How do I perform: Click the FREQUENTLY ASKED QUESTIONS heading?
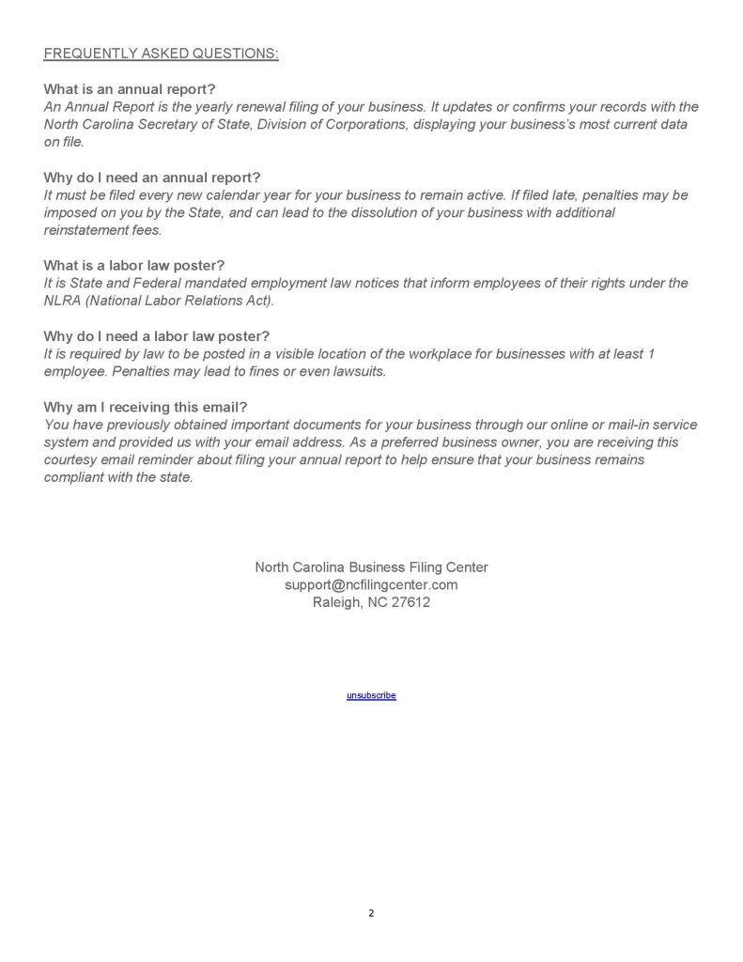161,54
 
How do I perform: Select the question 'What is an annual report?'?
130,89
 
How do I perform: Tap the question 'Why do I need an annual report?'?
152,178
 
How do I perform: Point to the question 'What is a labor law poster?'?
134,265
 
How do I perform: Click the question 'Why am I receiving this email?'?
146,407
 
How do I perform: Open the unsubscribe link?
371,695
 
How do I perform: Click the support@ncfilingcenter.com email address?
371,584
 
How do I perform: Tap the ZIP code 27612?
410,602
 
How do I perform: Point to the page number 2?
371,911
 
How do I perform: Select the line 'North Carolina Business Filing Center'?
371,566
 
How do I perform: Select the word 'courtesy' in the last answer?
72,459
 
